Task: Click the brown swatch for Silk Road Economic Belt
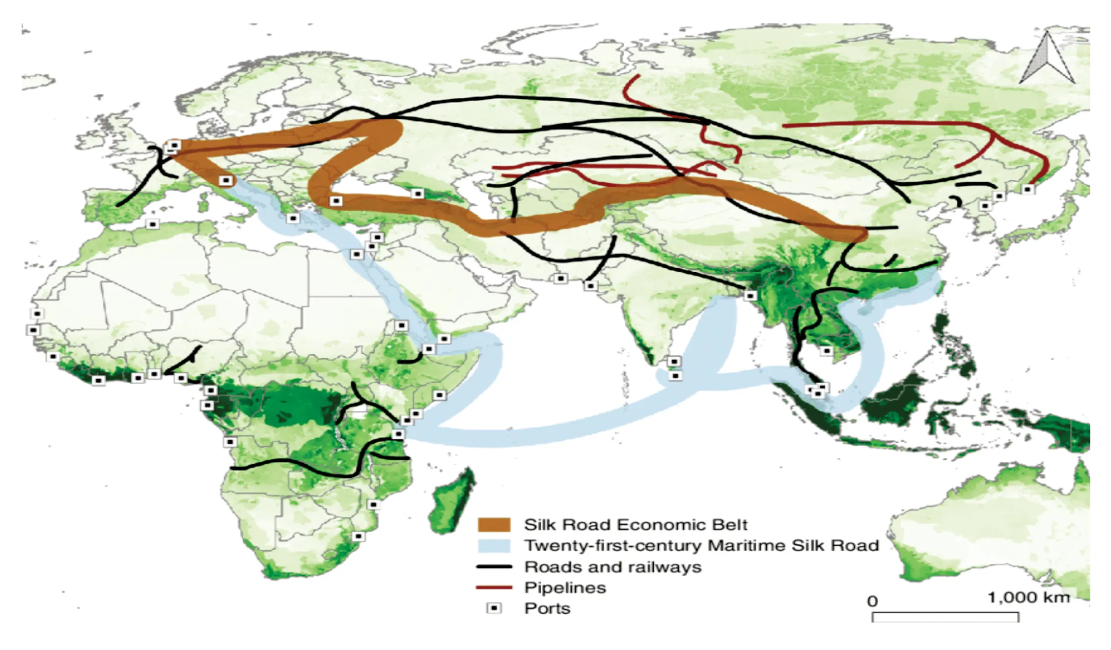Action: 494,525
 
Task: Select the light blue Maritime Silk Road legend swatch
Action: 494,546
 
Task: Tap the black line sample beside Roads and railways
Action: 494,567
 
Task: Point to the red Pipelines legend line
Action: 494,588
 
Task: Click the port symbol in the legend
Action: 494,608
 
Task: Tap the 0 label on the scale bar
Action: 872,601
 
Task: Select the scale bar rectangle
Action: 945,617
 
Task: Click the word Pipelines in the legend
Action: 565,588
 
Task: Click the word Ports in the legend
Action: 547,608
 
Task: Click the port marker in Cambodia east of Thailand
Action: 827,351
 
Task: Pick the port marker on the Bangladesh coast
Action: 750,295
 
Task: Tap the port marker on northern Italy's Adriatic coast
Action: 225,180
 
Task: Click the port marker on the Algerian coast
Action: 153,224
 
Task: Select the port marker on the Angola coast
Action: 230,442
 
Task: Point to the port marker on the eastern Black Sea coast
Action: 417,194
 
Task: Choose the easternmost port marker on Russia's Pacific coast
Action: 1028,189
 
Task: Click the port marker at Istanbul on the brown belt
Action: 336,201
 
